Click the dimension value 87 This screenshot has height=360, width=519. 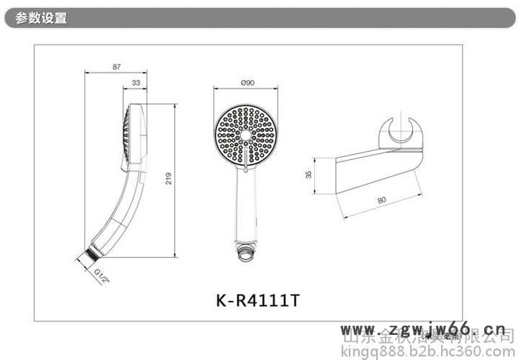(116, 67)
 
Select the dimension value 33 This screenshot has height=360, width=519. (136, 83)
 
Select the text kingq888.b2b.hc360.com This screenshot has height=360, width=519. (429, 349)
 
